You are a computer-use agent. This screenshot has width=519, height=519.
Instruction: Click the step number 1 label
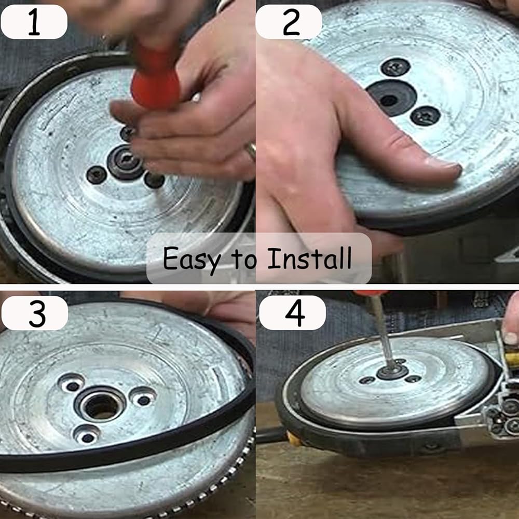34,22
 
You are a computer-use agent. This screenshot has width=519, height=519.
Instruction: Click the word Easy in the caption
192,259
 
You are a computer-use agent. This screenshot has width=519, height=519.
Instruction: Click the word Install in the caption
309,258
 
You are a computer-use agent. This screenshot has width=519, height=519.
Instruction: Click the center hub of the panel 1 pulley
125,162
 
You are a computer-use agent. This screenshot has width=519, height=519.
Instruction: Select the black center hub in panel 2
391,98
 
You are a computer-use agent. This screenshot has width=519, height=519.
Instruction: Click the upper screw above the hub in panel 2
395,67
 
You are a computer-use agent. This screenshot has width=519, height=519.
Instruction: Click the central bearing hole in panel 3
101,405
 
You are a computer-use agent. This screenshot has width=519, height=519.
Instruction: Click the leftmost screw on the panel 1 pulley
97,175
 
